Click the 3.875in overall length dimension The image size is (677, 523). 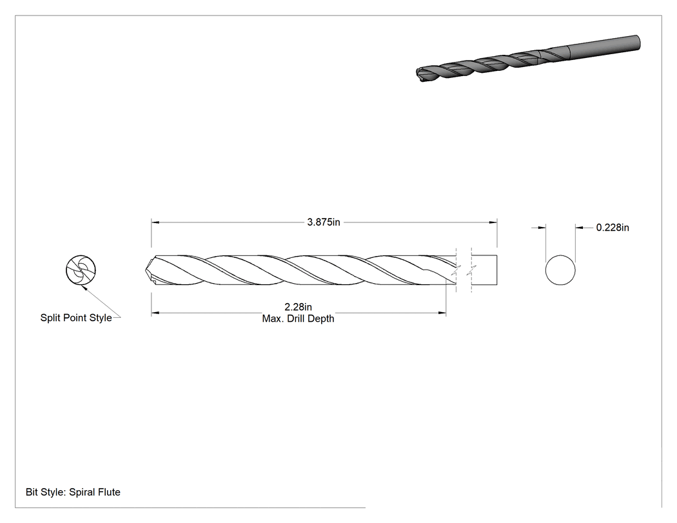[x=324, y=222]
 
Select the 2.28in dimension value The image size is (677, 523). [x=298, y=307]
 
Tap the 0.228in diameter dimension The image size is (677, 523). [x=613, y=228]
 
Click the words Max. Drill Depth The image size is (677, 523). [x=298, y=319]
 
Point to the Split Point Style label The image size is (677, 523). [x=76, y=318]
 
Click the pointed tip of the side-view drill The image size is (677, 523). [x=146, y=271]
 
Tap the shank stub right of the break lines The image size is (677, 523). [x=484, y=270]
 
